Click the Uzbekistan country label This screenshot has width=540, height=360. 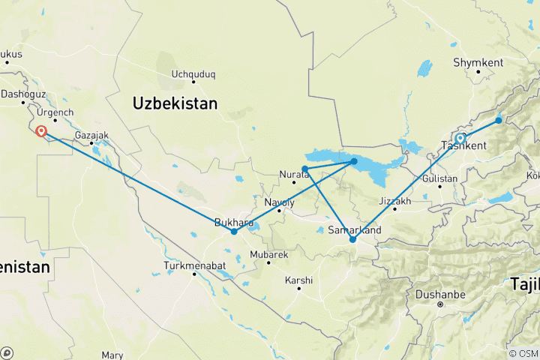[175, 103]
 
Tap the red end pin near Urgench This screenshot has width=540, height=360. [42, 133]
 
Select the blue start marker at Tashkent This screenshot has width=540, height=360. [460, 139]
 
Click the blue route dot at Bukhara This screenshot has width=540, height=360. [234, 231]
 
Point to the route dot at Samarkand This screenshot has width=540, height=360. [352, 239]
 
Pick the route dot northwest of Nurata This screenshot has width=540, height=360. [304, 169]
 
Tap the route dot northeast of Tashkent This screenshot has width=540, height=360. [499, 120]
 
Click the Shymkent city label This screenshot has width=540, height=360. [478, 63]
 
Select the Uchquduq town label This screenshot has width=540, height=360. [193, 74]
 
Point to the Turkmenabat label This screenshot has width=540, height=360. [193, 266]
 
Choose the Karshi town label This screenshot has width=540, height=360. [299, 280]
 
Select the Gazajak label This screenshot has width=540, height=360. [92, 136]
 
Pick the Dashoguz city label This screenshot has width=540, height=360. [23, 94]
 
